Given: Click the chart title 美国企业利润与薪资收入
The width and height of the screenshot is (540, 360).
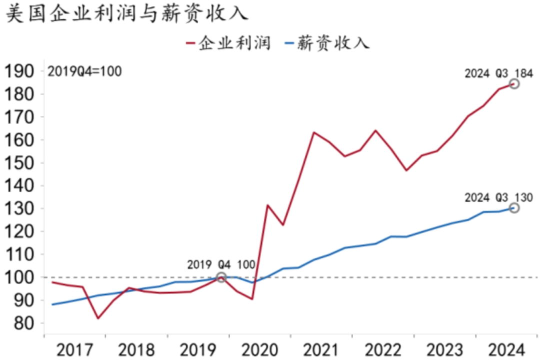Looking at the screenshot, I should [126, 13].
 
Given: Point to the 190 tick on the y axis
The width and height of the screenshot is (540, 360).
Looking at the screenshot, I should [20, 71].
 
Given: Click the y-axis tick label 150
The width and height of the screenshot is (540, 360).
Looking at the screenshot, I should [20, 163].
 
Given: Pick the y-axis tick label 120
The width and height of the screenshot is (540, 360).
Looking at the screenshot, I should [20, 231].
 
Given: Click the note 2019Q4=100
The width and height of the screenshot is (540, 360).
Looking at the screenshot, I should [84, 71].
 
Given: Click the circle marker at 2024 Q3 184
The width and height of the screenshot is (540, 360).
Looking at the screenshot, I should [514, 83].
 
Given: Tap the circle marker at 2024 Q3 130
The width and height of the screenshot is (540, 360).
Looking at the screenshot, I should [514, 208].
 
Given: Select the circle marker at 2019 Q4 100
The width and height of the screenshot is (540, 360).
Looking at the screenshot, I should [221, 277].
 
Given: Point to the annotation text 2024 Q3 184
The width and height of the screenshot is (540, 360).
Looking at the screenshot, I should [498, 73].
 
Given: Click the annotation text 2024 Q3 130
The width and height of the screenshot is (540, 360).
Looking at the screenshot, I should [498, 197].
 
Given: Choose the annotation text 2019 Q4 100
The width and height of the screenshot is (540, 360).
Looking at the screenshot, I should [221, 265].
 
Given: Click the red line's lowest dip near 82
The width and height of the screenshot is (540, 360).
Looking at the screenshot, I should [98, 318].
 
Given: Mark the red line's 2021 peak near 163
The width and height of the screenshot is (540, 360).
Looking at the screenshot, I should [313, 132].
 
